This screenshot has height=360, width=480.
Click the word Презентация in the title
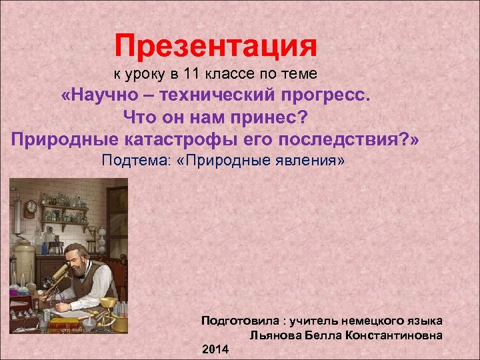point(215,47)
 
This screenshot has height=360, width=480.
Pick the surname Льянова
point(273,335)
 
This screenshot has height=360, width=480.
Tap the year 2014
point(215,349)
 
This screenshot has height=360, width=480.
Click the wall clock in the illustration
point(31,207)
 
